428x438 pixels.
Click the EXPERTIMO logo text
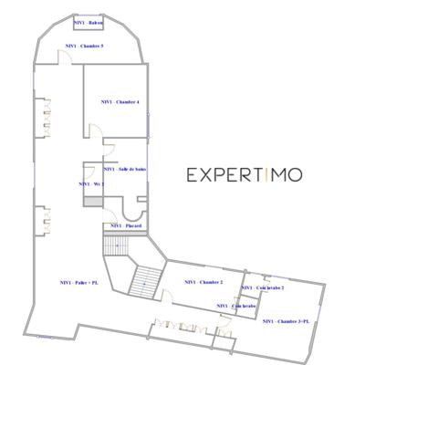coord(245,175)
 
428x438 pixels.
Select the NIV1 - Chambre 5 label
coord(84,45)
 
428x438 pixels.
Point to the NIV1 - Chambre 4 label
coord(121,102)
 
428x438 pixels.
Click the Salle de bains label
coord(125,169)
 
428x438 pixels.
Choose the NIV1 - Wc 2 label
coord(91,183)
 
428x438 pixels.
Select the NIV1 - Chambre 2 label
coord(204,282)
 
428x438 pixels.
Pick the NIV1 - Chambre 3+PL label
coord(286,321)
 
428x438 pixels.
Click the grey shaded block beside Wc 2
coord(90,201)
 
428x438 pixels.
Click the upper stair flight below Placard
coord(117,245)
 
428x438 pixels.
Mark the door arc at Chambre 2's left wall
coord(166,295)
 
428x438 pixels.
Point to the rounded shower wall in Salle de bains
coord(140,205)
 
